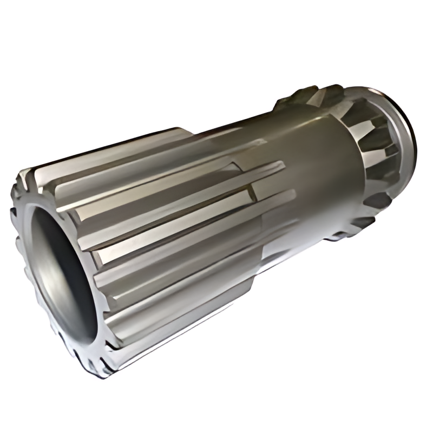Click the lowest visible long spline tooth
point(162,346)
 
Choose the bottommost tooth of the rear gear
point(346,233)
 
